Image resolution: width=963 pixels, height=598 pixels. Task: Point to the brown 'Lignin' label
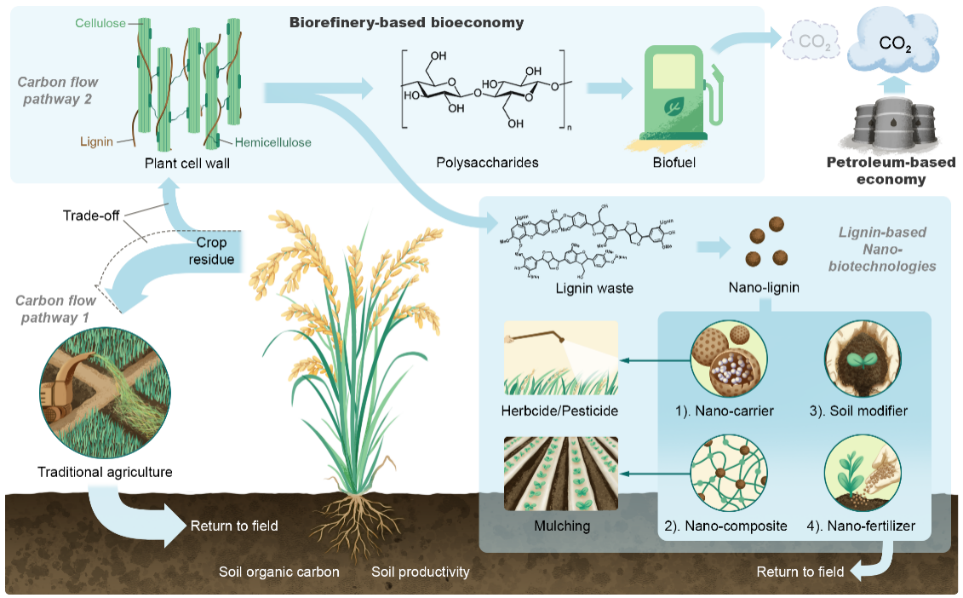point(95,141)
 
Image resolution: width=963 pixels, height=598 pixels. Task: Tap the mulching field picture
point(561,472)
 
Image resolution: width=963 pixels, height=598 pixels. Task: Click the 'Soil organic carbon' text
point(278,572)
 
